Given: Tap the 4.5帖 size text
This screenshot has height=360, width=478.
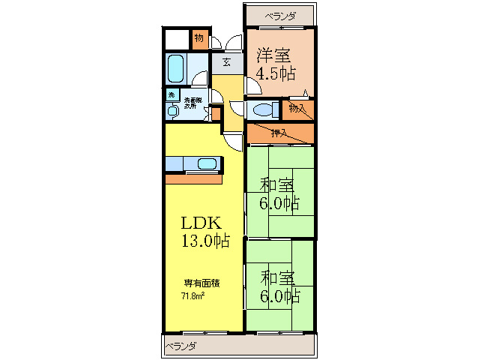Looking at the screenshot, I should click(x=276, y=73).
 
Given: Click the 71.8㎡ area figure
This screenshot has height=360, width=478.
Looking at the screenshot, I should click(x=193, y=295).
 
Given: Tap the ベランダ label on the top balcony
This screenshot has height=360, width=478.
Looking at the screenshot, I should click(x=279, y=15).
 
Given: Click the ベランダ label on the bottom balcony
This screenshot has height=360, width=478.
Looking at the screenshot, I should click(x=181, y=346).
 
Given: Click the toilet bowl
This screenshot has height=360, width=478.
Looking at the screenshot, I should click(x=263, y=109).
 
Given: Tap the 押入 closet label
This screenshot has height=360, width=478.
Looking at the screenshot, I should click(x=279, y=133).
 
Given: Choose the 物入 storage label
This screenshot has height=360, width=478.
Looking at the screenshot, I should click(x=297, y=109).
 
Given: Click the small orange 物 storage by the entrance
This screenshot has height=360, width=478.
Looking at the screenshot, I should click(x=199, y=38).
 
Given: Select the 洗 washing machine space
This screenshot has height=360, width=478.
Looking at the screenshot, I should click(x=172, y=95).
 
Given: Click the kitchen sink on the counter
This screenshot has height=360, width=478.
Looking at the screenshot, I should click(x=205, y=163).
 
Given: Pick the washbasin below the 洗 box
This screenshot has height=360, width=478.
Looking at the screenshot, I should click(x=172, y=110).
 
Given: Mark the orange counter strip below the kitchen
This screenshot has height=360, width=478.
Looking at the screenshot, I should click(x=195, y=179).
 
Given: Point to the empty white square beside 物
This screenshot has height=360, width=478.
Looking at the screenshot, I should click(x=178, y=39).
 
